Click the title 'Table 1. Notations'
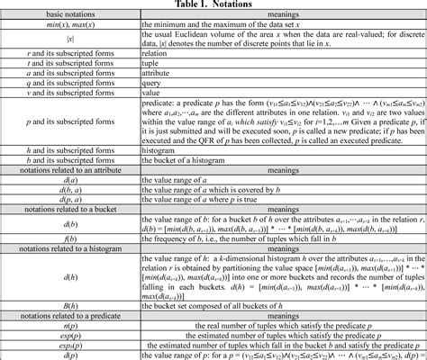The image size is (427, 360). pos(213,4)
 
